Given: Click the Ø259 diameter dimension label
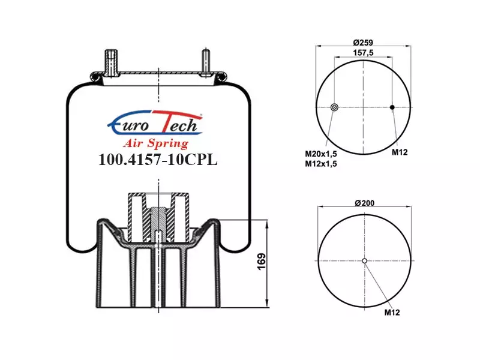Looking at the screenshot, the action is click(x=363, y=42).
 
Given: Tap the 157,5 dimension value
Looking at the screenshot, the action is click(x=363, y=53).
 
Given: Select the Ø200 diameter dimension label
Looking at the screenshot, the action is click(x=365, y=203).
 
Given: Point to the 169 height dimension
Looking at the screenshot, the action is click(x=262, y=262).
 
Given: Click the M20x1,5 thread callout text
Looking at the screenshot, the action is click(x=321, y=154).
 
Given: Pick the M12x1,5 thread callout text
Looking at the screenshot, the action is click(x=321, y=164).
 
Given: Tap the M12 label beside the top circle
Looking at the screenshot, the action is click(x=400, y=152).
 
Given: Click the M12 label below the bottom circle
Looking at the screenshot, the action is click(x=392, y=312).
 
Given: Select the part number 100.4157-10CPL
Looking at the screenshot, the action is click(x=158, y=160).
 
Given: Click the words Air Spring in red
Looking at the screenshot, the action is click(x=156, y=143).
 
